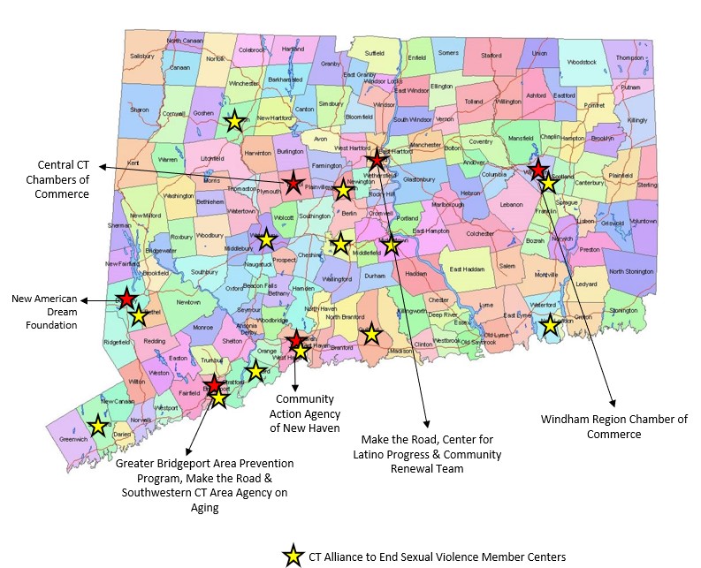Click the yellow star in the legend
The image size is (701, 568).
click(292, 557)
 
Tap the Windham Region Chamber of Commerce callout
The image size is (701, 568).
click(614, 426)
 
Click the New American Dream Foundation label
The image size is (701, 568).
click(44, 312)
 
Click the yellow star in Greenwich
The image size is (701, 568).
click(99, 427)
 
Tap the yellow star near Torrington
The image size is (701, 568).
click(233, 121)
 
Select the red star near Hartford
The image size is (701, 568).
click(377, 160)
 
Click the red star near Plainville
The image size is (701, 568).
click(293, 184)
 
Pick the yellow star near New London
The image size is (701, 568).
click(550, 324)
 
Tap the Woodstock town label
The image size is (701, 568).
click(583, 62)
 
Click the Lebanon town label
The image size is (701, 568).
click(511, 204)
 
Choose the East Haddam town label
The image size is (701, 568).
click(468, 269)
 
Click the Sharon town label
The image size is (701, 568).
click(140, 110)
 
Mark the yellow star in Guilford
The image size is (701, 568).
click(371, 334)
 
